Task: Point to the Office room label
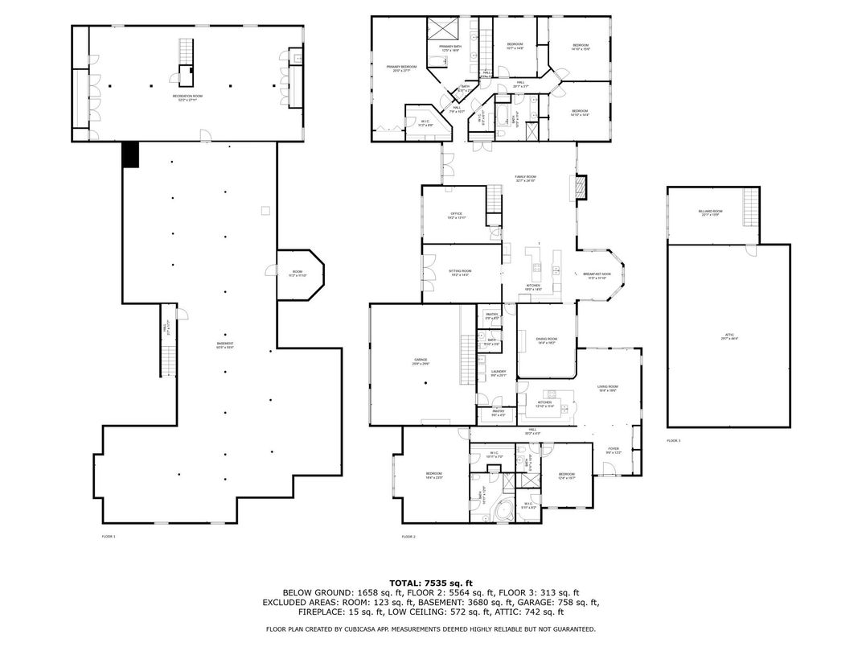pos(456,216)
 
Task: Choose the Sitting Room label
pos(460,273)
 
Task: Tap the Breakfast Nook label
pos(597,275)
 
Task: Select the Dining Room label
pos(547,340)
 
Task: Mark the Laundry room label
pos(498,373)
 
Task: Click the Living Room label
pos(607,388)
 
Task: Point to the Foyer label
pos(613,451)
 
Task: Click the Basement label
pos(225,345)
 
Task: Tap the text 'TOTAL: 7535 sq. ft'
pos(430,582)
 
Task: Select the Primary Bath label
pos(450,48)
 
